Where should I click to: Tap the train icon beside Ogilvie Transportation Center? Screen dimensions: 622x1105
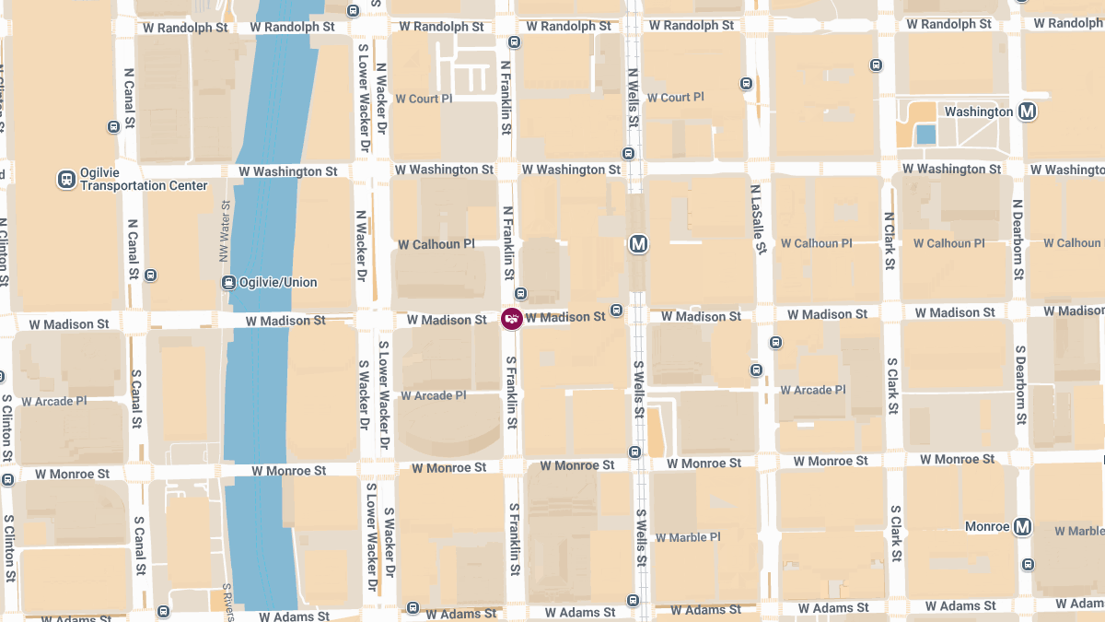(x=66, y=179)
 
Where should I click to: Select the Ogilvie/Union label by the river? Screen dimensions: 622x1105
(x=278, y=282)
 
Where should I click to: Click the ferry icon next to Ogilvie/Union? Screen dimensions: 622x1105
(x=228, y=282)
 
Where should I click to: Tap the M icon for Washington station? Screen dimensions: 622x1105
(x=1028, y=111)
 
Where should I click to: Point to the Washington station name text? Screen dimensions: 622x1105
(x=978, y=111)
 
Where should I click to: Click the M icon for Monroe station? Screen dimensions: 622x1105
(x=1021, y=527)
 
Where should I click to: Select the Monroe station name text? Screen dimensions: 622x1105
(x=986, y=526)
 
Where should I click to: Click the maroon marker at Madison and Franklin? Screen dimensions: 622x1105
(x=511, y=319)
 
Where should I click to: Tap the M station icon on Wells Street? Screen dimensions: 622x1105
(x=638, y=244)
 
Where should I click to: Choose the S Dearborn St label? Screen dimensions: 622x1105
(x=1020, y=385)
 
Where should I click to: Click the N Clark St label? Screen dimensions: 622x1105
(x=889, y=241)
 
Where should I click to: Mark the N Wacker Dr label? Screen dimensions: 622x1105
(x=361, y=245)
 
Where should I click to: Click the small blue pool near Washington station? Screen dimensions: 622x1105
(x=925, y=135)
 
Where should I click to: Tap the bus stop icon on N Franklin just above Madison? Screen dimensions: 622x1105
(x=520, y=293)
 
